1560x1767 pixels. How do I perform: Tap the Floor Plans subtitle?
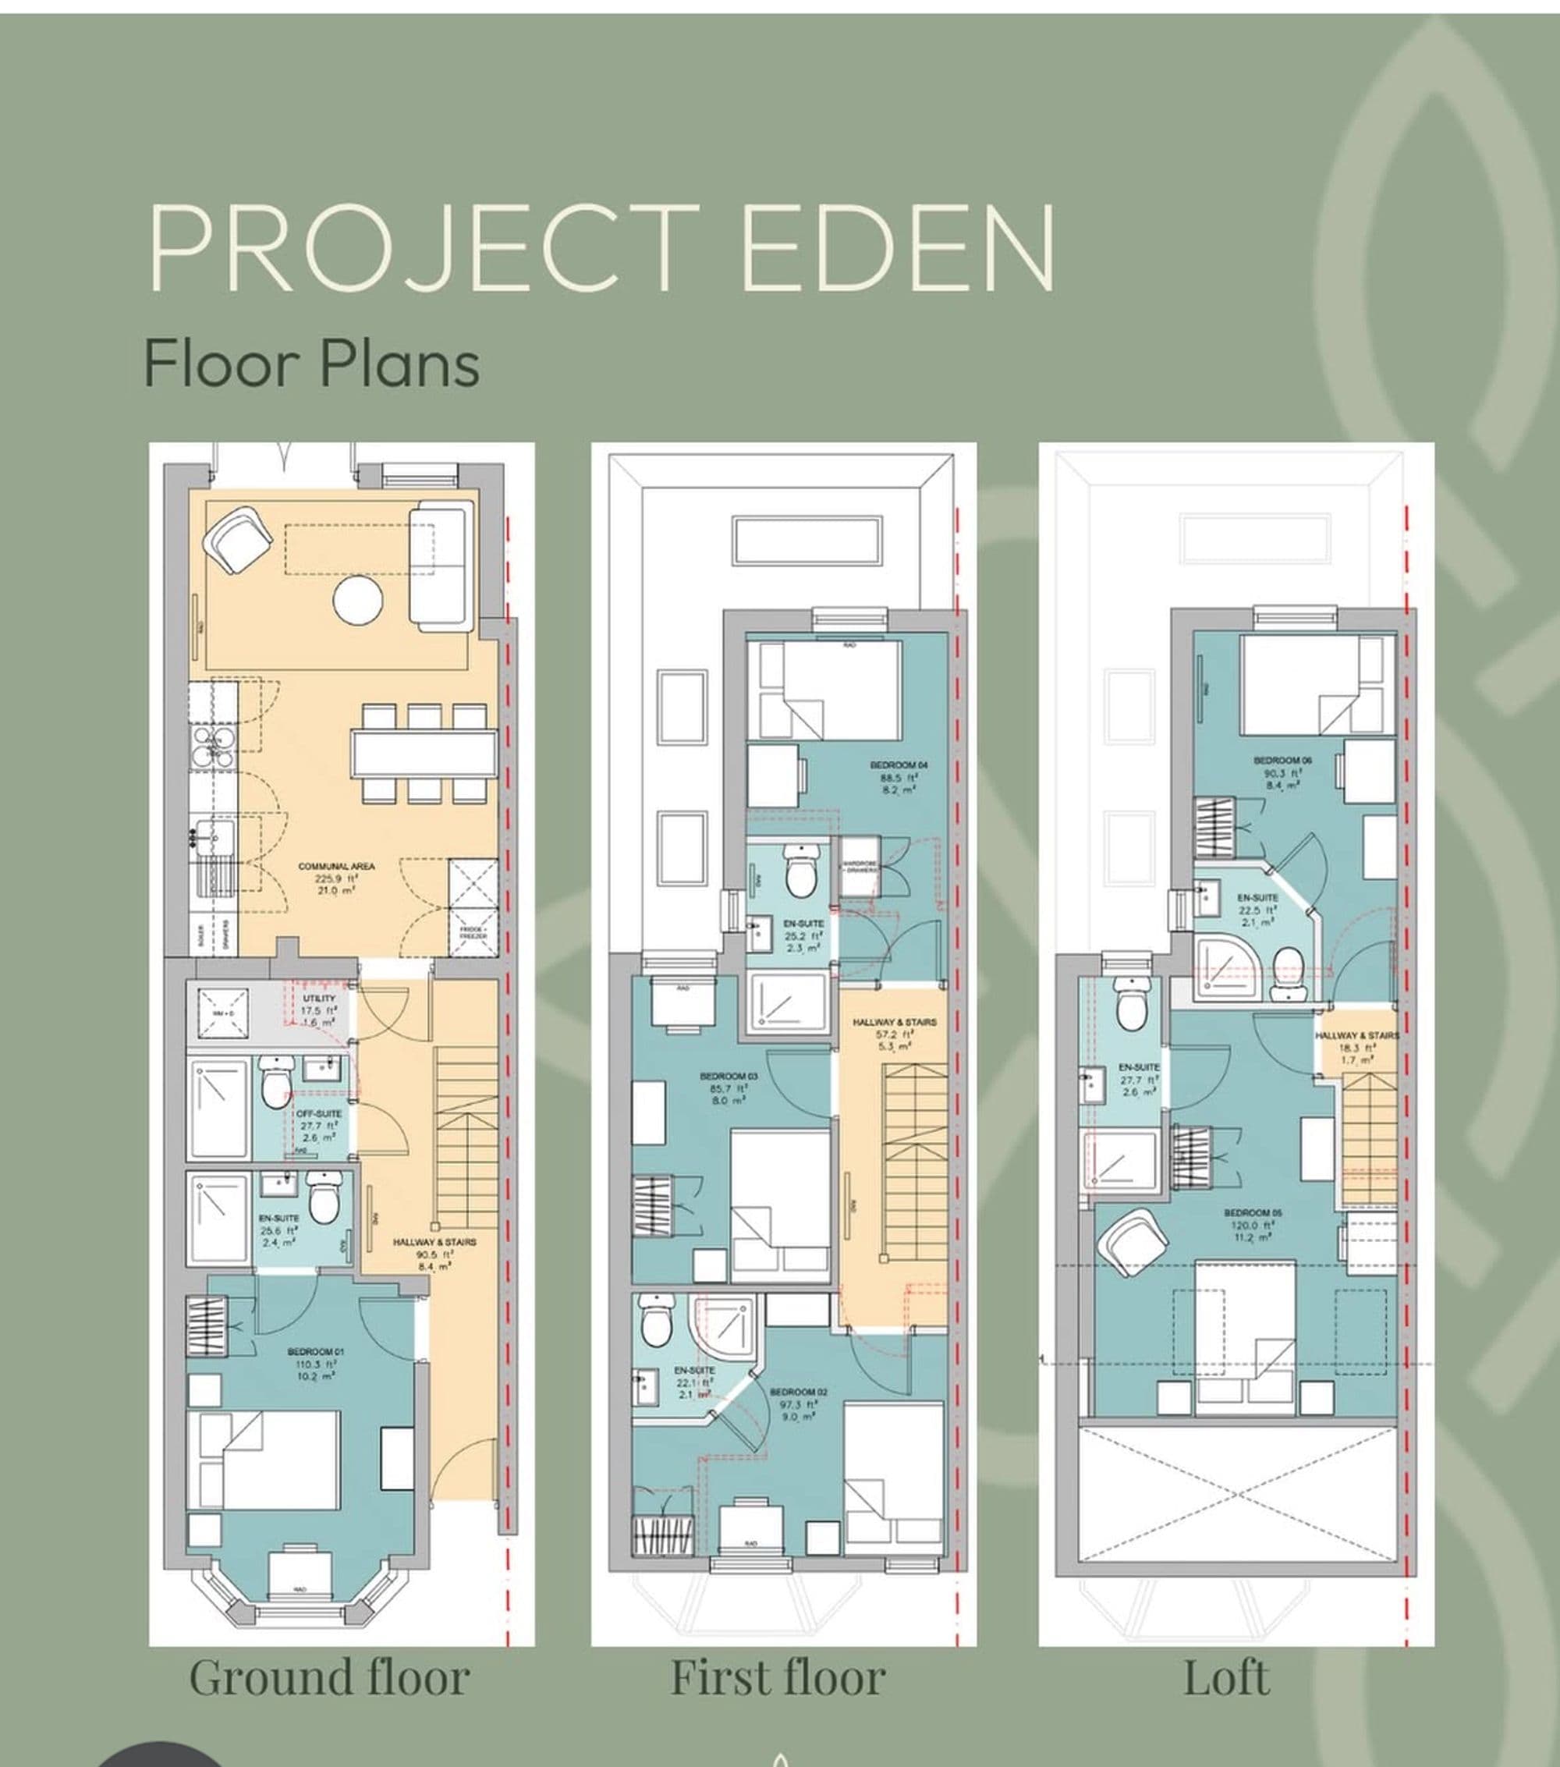pyautogui.click(x=311, y=364)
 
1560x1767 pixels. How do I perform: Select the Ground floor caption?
pyautogui.click(x=329, y=1678)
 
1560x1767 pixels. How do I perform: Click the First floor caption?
pyautogui.click(x=778, y=1678)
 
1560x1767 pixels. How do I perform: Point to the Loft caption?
pyautogui.click(x=1225, y=1678)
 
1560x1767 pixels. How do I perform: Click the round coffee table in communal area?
pyautogui.click(x=358, y=599)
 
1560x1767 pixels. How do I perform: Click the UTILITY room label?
pyautogui.click(x=319, y=999)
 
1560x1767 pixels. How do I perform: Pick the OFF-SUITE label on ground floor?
pyautogui.click(x=318, y=1113)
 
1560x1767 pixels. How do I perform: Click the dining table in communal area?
pyautogui.click(x=424, y=754)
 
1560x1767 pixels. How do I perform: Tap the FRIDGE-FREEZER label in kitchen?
pyautogui.click(x=473, y=933)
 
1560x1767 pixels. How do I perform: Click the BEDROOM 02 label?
pyautogui.click(x=798, y=1393)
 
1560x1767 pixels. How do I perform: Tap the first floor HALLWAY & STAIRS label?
pyautogui.click(x=894, y=1022)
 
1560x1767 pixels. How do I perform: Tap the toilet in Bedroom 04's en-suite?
pyautogui.click(x=801, y=873)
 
